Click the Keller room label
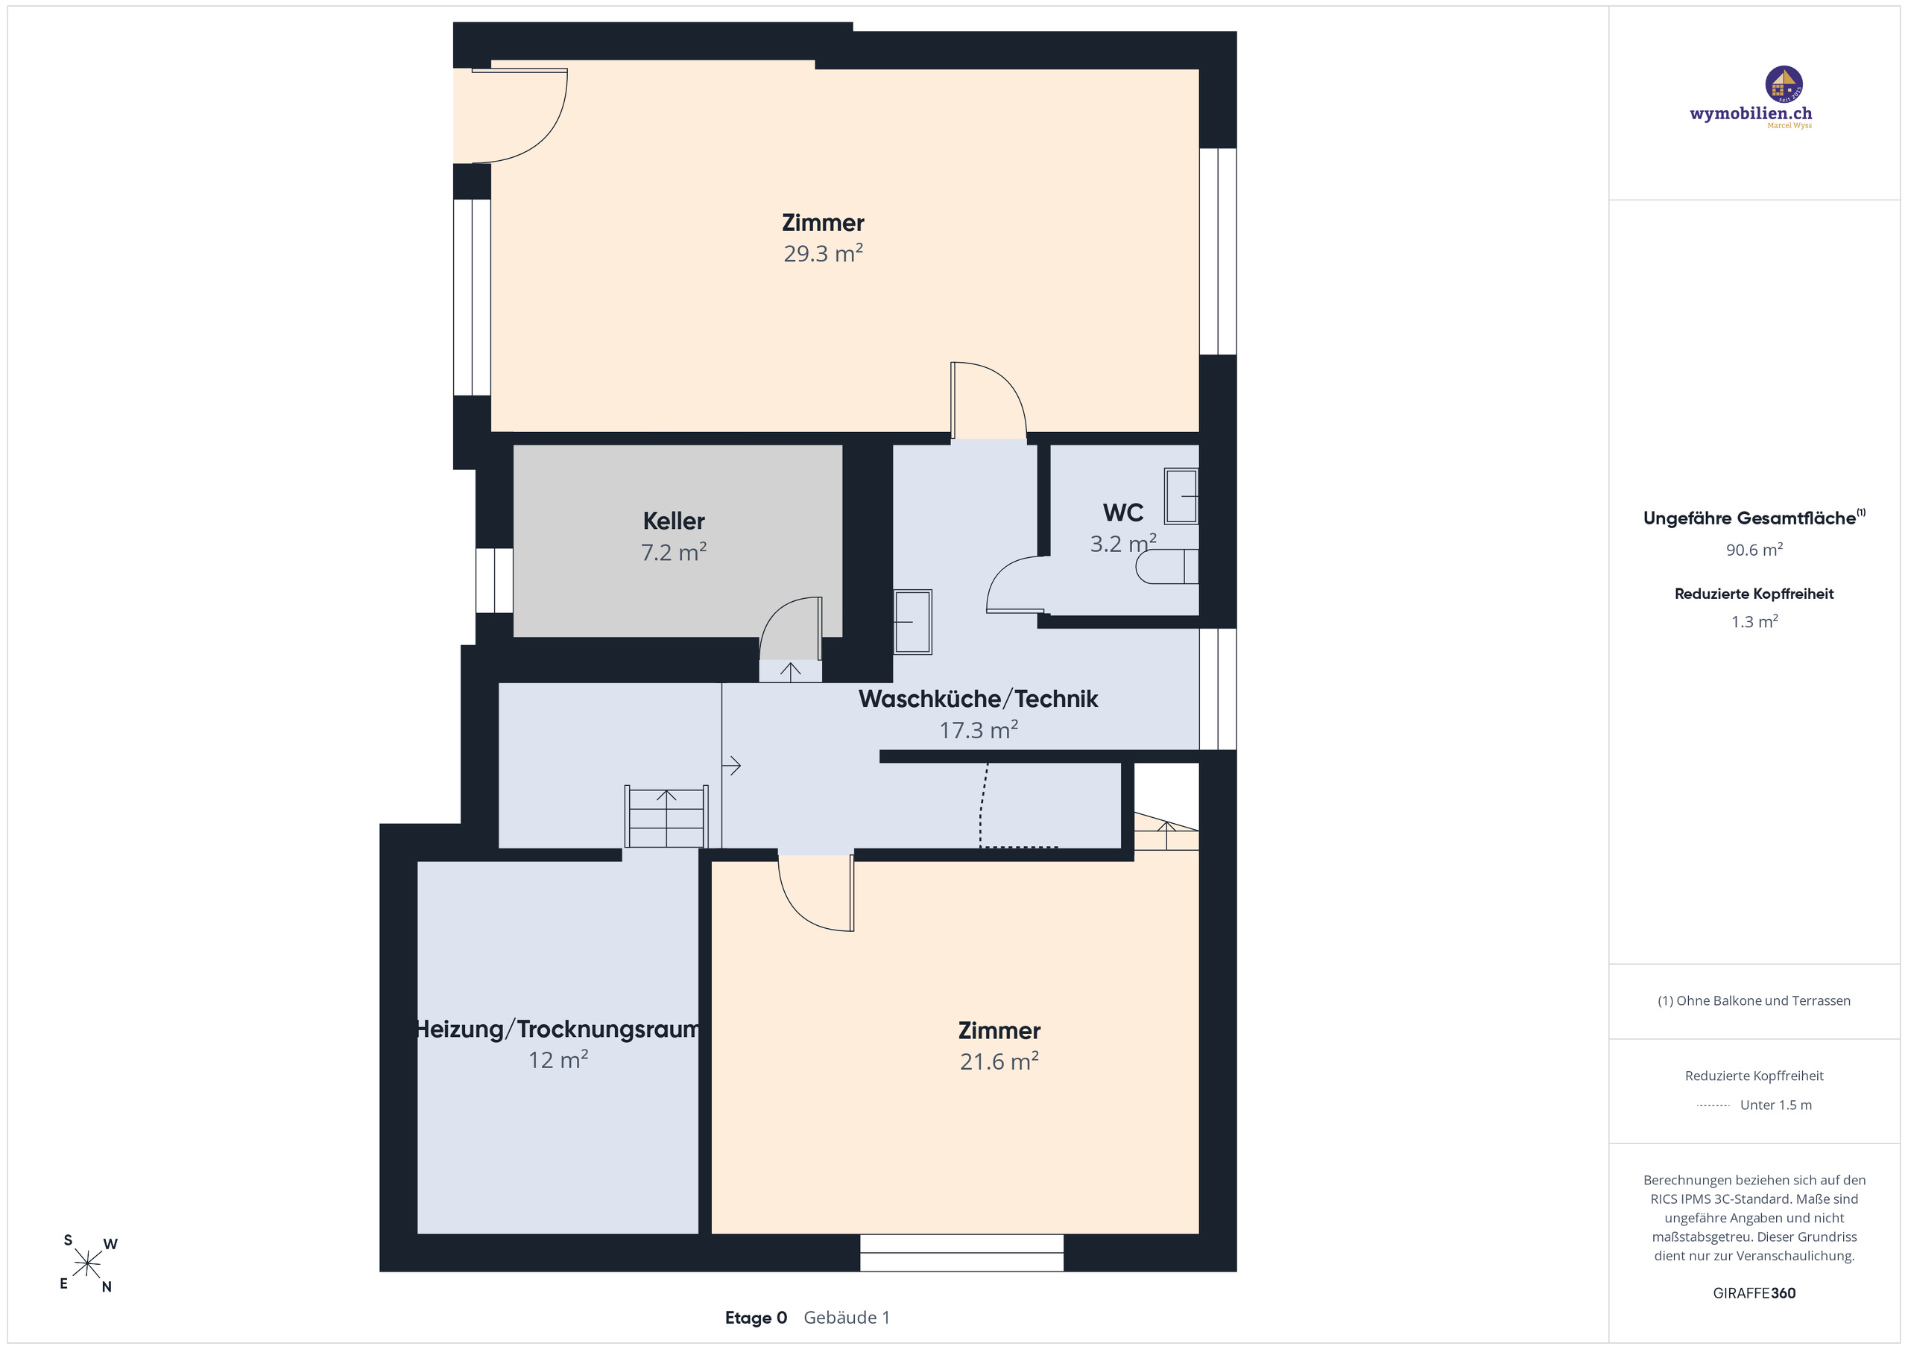[673, 521]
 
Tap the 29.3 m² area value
[823, 253]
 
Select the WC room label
[1122, 512]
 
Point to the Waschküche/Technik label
[978, 699]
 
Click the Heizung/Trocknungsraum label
[557, 1029]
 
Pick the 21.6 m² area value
[999, 1061]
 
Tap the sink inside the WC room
[1181, 497]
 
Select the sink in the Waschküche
[912, 621]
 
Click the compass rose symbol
[87, 1263]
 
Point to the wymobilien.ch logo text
[1750, 114]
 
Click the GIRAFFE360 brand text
[1754, 1292]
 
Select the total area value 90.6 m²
[1754, 550]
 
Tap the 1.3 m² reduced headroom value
[1754, 621]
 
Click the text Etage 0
[756, 1318]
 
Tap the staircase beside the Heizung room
[666, 816]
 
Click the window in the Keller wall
[493, 580]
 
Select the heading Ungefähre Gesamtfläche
[1749, 518]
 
